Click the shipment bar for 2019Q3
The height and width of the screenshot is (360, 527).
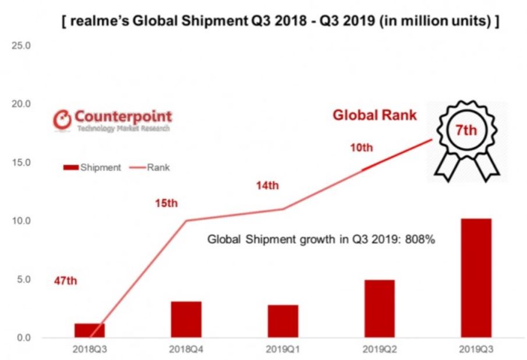coord(475,278)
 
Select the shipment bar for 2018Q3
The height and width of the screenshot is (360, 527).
coord(90,330)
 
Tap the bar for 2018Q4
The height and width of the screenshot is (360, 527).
coord(186,319)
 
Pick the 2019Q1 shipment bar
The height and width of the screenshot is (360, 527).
coord(283,321)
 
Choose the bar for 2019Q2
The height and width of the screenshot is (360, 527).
coord(379,309)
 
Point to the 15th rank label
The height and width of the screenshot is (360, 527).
coord(166,203)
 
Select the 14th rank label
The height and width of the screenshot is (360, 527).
coord(268,186)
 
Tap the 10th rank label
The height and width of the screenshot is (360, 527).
coord(360,147)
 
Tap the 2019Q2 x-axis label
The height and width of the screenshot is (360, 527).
coord(379,349)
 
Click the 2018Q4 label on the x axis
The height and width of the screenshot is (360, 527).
coord(186,349)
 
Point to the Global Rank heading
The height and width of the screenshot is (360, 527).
coord(374,115)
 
